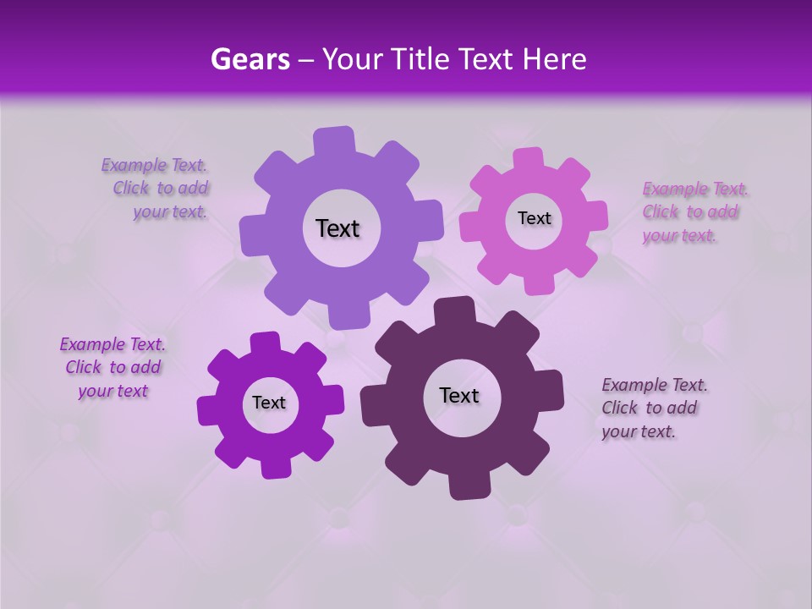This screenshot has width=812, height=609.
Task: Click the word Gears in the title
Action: [x=250, y=59]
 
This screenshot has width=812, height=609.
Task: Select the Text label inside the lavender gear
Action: [x=337, y=228]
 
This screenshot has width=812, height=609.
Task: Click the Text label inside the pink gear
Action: [x=534, y=218]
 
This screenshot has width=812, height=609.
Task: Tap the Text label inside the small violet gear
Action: [x=269, y=403]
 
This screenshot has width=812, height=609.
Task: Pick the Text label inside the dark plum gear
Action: [x=459, y=395]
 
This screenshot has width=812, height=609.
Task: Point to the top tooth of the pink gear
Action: [x=529, y=159]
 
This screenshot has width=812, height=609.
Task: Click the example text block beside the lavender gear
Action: [x=157, y=189]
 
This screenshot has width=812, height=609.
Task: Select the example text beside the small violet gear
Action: [x=112, y=367]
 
